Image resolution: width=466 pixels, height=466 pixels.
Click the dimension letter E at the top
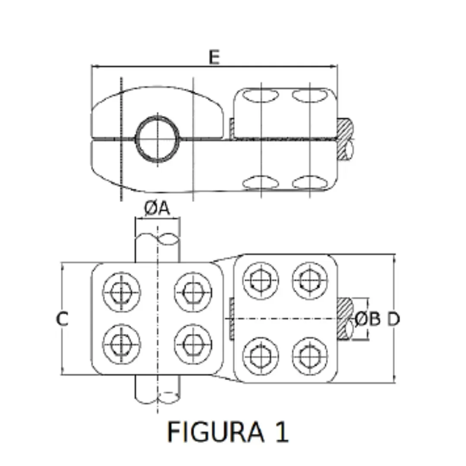point(214,57)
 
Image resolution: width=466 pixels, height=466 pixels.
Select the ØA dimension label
point(157,209)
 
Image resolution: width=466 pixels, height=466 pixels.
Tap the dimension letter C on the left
point(62,319)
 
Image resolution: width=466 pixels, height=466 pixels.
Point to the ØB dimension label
point(368,319)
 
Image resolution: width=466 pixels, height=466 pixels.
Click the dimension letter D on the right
point(393,319)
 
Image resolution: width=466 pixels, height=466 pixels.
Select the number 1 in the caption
point(281,431)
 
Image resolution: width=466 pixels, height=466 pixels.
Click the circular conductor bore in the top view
point(157,139)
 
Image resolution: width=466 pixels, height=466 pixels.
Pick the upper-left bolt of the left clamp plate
point(121,292)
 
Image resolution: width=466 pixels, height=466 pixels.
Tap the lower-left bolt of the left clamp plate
point(121,344)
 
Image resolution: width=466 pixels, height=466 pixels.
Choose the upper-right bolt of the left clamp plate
point(193,292)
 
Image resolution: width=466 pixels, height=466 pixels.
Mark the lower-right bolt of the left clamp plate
point(193,344)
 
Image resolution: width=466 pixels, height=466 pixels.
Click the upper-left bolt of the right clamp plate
point(261,281)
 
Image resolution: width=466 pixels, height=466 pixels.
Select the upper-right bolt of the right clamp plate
point(309,281)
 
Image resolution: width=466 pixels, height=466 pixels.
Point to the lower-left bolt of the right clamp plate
point(261,356)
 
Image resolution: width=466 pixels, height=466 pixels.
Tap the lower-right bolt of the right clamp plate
point(309,356)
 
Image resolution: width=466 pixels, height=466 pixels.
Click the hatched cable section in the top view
point(344,138)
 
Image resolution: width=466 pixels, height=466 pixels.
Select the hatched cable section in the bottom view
point(344,318)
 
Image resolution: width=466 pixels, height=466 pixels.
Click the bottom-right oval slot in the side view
point(309,183)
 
